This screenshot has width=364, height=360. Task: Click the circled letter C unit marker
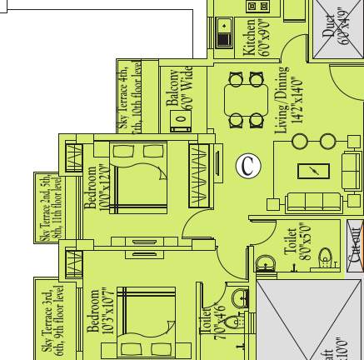coord(247,166)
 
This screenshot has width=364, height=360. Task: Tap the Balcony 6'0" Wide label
coord(177,96)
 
